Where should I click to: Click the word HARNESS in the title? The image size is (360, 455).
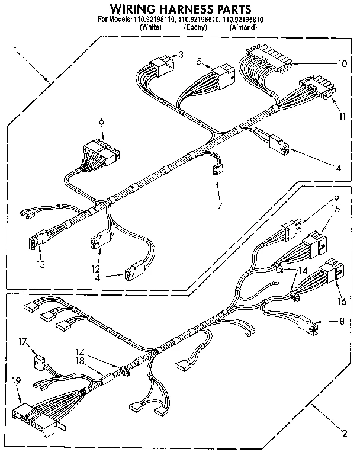178,9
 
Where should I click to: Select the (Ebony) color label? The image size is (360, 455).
195,27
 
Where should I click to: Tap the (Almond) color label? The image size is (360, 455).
243,27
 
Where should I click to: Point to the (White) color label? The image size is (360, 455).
151,27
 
